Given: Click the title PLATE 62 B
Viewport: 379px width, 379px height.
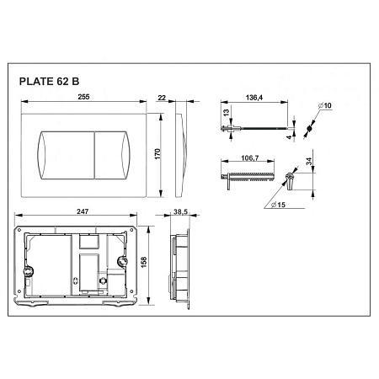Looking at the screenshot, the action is tap(49, 82).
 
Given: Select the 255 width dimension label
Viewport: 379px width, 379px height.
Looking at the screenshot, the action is tap(83, 97).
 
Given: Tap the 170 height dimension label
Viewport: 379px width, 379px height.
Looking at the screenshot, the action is tap(157, 154).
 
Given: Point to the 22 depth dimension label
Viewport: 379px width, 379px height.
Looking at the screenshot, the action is tap(162, 98).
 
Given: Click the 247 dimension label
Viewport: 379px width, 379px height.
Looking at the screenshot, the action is tap(83, 211).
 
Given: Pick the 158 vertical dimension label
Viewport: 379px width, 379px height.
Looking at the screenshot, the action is tap(144, 262).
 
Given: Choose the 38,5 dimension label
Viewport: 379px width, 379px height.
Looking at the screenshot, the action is tap(180, 211).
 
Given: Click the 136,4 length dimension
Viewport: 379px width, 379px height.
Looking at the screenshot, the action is tap(254, 98).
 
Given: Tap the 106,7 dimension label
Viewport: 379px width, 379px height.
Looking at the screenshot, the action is tap(250, 158).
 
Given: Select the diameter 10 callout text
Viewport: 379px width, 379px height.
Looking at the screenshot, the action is tap(325, 105).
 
